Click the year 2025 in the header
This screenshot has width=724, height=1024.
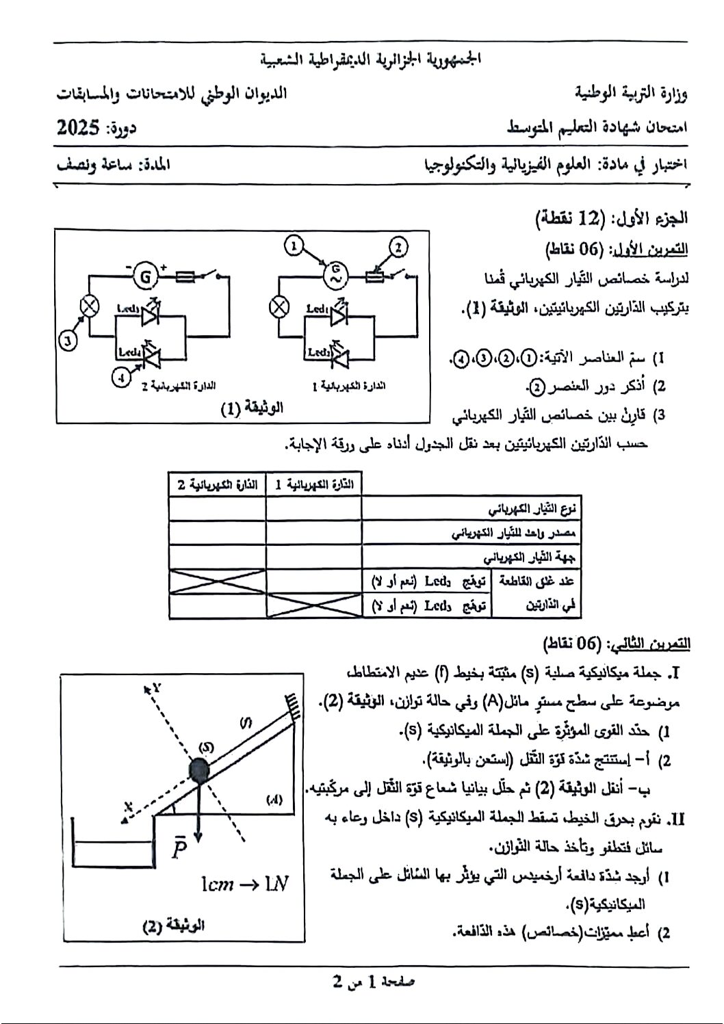[x=79, y=128]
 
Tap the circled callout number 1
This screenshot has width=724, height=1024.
[x=294, y=245]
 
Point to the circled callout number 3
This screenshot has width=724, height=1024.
[x=66, y=340]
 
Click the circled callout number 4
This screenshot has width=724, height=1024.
[x=121, y=376]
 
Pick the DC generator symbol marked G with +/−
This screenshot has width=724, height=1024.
[x=145, y=276]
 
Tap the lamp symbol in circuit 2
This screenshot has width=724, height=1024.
[x=88, y=306]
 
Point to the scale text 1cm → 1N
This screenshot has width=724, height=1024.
[x=244, y=884]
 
